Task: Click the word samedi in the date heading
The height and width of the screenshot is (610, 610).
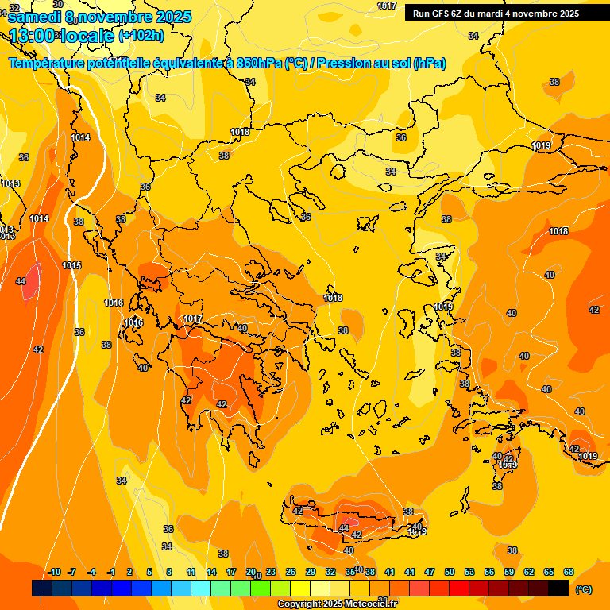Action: point(35,17)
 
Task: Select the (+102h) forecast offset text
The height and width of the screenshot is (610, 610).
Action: point(141,35)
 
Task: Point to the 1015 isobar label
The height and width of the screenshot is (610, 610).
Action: point(71,265)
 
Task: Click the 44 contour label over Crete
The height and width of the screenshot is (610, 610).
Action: point(344,528)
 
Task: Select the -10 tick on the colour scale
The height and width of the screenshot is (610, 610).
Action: point(55,572)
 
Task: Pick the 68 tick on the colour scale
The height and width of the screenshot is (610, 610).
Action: point(569,572)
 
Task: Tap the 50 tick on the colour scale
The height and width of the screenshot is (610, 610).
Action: point(450,572)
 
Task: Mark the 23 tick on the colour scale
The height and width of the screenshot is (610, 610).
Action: point(271,572)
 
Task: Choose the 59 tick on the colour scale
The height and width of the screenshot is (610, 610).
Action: point(509,572)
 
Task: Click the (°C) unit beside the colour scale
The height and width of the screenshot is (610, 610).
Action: point(584,589)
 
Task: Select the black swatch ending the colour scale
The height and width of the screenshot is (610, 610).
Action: point(558,589)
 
